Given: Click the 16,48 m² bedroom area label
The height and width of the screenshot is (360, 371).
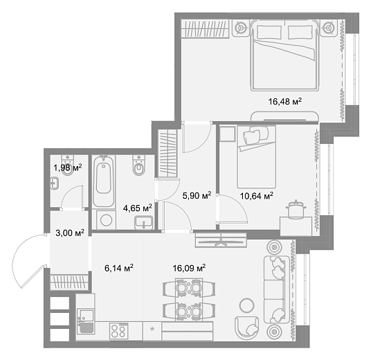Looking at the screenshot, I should click(284, 102).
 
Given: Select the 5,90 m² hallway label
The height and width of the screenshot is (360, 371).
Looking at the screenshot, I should click(196, 196).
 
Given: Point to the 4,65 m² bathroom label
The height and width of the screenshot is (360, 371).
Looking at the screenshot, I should click(137, 207).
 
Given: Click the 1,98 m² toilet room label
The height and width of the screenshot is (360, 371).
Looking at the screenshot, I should click(68, 167).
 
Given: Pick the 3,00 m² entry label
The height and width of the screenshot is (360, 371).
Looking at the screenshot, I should click(70, 233).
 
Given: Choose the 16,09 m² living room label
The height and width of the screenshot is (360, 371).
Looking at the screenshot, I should click(190, 267).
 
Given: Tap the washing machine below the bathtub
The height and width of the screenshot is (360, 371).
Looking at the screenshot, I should click(105, 220).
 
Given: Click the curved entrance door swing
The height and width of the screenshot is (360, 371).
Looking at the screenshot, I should click(31, 263).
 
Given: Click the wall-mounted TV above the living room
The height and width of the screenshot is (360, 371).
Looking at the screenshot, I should click(220, 240).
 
